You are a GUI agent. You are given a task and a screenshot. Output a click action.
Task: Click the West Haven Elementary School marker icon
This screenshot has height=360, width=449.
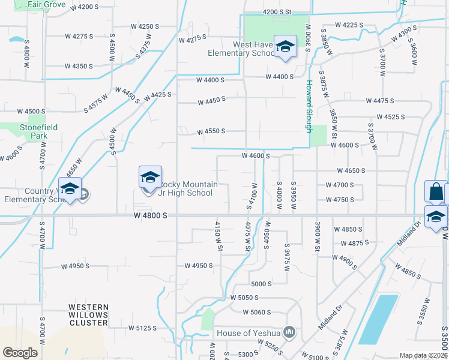pos(285,47)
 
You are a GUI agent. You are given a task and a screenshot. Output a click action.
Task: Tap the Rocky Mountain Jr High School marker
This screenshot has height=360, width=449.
pos(150,178)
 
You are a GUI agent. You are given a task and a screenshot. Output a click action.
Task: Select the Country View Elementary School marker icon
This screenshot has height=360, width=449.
pos(70,190)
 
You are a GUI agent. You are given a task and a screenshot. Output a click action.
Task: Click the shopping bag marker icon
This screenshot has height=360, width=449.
pos(436,192)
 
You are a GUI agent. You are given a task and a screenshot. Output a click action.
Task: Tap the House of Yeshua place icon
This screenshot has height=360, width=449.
pos(290,332)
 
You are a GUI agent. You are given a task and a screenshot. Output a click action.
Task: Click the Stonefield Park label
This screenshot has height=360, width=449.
pos(24,131)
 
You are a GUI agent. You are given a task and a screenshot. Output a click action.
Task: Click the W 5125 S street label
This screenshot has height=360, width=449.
pos(142,328)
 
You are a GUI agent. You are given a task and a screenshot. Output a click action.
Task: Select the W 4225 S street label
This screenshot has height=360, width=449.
pos(350,25)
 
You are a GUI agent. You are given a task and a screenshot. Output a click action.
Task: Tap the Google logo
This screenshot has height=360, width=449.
pos(20,353)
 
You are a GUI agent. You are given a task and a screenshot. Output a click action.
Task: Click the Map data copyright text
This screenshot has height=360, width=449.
pos(423,355)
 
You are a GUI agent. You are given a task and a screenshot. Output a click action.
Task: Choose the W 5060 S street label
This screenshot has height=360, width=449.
pos(258,312)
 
